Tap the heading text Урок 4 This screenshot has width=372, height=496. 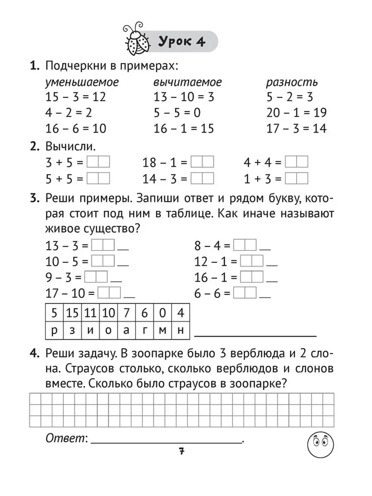point(181,42)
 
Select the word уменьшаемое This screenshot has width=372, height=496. point(82,82)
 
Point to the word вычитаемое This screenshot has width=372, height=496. point(188,82)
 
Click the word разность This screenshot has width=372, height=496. point(291,82)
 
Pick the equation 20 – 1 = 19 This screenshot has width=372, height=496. point(296,112)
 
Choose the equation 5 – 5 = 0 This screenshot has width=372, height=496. point(177,112)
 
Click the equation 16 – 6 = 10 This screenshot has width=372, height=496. point(76,129)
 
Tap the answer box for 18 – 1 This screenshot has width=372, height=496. point(202,162)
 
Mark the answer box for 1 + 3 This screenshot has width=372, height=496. point(297,179)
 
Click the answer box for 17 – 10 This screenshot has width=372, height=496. point(110,293)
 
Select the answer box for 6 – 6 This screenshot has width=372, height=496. point(245,293)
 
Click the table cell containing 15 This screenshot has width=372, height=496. point(72,313)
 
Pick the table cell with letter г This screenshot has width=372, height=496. point(144,331)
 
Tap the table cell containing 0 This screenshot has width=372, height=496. point(162,313)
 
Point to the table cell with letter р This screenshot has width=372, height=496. point(54,331)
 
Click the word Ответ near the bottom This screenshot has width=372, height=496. point(65,439)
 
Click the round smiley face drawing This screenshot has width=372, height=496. point(321,444)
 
